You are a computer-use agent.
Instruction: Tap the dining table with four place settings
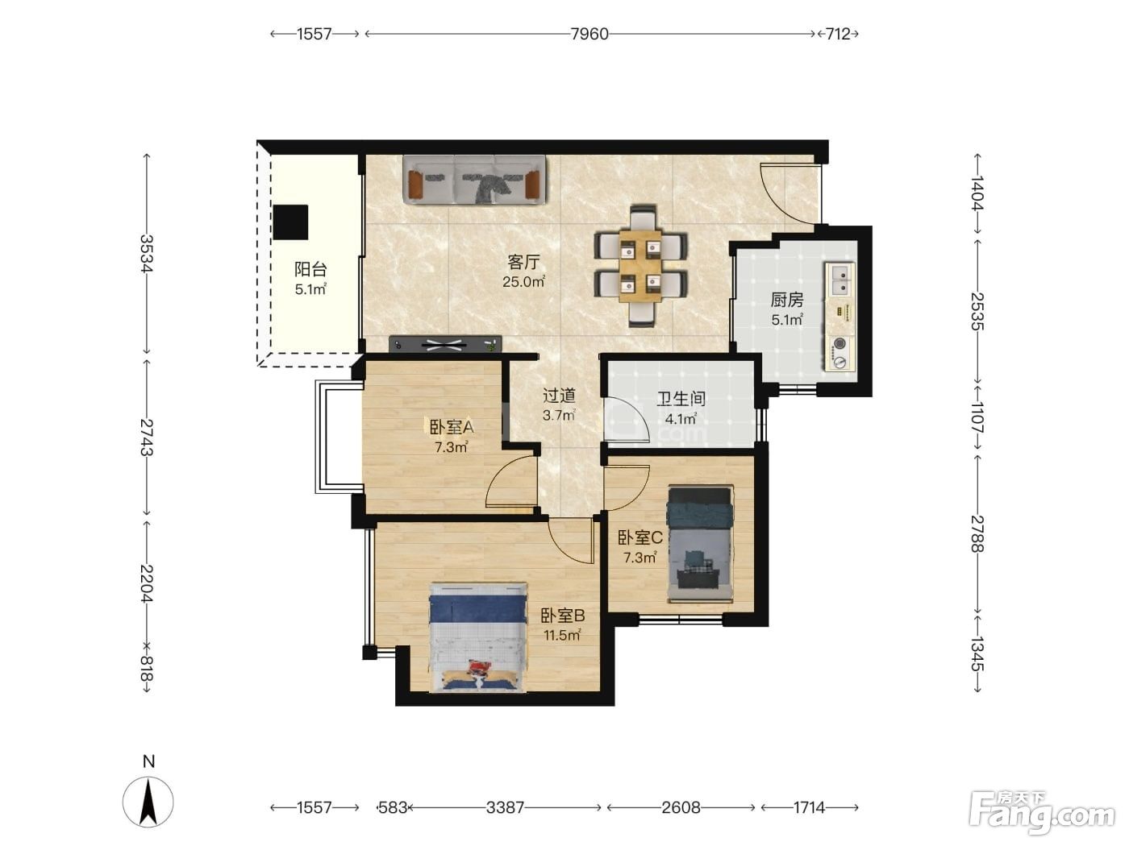click(x=639, y=266)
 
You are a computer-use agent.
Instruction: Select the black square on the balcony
click(x=290, y=222)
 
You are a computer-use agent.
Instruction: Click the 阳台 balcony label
click(x=310, y=269)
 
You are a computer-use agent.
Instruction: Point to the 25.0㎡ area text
click(x=523, y=281)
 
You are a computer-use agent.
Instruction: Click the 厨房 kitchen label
click(x=786, y=300)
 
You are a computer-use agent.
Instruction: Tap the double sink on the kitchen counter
click(x=839, y=280)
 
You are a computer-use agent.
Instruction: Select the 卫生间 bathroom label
click(x=681, y=399)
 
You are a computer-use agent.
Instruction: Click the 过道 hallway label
click(x=559, y=395)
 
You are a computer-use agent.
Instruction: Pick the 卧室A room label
click(x=451, y=427)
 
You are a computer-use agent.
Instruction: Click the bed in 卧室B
click(x=478, y=637)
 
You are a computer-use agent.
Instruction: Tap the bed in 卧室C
click(x=699, y=543)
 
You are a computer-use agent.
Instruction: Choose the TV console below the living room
click(x=445, y=344)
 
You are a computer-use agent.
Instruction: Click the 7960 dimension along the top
click(x=589, y=34)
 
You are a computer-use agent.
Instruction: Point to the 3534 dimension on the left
click(x=147, y=253)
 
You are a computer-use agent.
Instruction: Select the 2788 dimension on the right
click(x=977, y=533)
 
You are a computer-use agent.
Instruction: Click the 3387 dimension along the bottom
click(x=505, y=808)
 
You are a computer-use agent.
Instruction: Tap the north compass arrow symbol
click(x=148, y=802)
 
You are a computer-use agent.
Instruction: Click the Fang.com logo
click(x=1042, y=813)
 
